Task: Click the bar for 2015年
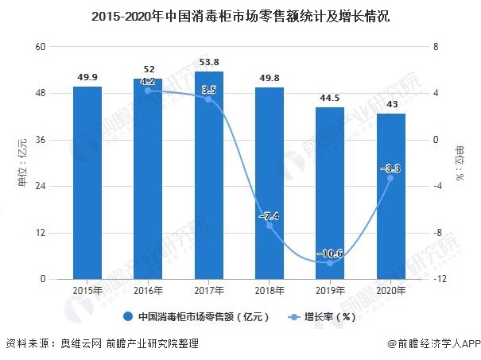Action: tap(87, 183)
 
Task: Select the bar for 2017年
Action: tap(208, 175)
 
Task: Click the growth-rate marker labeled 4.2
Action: tap(148, 91)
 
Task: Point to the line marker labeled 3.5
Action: tap(208, 99)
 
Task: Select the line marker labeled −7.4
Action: tap(269, 226)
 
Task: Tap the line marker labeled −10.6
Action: tap(329, 262)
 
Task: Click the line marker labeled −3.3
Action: tap(390, 178)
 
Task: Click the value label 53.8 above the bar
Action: tap(208, 61)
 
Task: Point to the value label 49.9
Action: tap(87, 76)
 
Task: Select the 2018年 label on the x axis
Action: tap(269, 291)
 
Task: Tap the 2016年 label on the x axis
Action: tap(148, 291)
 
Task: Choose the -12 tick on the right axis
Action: tap(437, 280)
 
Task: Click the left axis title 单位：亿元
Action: tap(22, 163)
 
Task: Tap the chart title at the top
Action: tap(240, 15)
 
